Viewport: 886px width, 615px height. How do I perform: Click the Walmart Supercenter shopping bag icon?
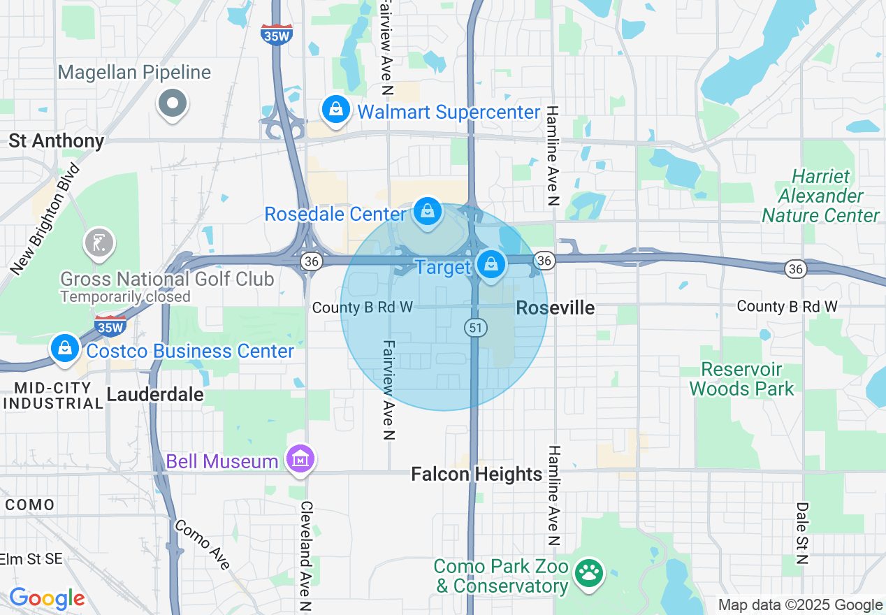336,109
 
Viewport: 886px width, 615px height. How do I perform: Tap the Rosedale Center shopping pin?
427,211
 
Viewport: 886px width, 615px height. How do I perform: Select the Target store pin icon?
491,264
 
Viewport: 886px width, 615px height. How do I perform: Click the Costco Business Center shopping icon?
65,347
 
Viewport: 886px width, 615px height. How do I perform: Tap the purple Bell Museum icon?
301,459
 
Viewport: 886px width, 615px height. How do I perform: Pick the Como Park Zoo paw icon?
588,573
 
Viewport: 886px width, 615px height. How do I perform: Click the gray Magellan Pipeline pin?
173,103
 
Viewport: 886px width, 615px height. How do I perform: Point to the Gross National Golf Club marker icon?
99,243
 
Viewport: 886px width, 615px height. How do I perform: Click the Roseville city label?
555,307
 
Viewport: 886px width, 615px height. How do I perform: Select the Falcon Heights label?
477,475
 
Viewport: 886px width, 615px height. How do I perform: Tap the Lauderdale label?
155,394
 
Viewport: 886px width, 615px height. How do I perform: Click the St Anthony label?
57,141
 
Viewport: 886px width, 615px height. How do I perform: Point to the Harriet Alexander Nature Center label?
820,196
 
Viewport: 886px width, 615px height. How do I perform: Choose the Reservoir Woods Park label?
741,379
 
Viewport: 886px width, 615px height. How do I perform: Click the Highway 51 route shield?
475,327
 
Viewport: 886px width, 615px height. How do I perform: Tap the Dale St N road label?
802,533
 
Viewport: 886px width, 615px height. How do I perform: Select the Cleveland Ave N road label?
305,556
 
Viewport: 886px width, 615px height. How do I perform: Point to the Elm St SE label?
31,559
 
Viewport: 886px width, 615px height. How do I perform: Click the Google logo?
47,599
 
